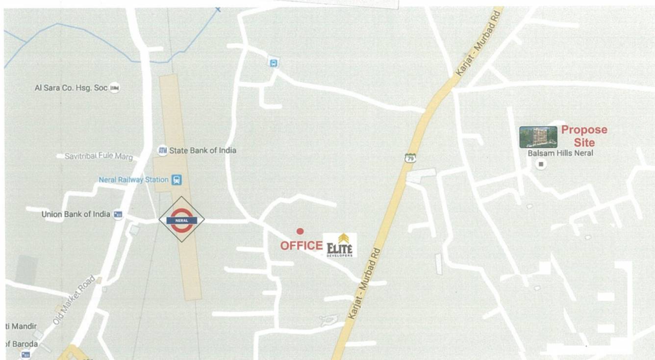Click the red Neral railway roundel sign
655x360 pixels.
tap(181, 219)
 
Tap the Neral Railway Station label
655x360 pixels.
tap(133, 180)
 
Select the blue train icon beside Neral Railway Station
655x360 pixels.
tap(176, 180)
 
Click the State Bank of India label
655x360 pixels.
tap(202, 150)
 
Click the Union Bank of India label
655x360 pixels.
tap(76, 214)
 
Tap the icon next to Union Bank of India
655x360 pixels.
tap(118, 215)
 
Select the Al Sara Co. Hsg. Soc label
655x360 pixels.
tap(71, 88)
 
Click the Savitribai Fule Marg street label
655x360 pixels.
tap(99, 156)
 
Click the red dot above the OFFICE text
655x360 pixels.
tap(300, 231)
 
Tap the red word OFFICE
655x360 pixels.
tap(301, 245)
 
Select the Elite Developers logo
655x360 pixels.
tap(340, 245)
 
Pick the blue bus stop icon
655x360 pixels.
tap(273, 63)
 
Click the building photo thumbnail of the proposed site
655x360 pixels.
tap(538, 137)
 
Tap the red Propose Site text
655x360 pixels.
tap(584, 136)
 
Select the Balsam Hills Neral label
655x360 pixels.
tap(560, 153)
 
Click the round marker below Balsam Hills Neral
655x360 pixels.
tap(541, 164)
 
